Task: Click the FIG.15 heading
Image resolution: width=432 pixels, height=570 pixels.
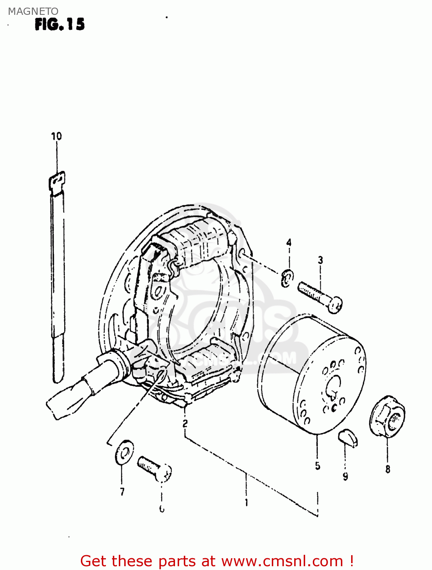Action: pyautogui.click(x=60, y=24)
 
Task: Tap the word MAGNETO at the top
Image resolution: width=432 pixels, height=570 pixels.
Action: pyautogui.click(x=33, y=11)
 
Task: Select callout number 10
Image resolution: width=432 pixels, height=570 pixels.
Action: pyautogui.click(x=57, y=136)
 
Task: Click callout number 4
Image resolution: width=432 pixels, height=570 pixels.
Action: pyautogui.click(x=289, y=242)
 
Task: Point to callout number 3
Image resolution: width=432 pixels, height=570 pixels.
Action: pyautogui.click(x=320, y=260)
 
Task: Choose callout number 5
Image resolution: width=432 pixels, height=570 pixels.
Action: pyautogui.click(x=318, y=465)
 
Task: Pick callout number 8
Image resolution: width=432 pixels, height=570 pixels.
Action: pyautogui.click(x=388, y=469)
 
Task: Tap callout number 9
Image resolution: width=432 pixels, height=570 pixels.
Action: pyautogui.click(x=345, y=476)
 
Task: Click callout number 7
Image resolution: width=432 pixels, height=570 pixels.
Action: pyautogui.click(x=122, y=492)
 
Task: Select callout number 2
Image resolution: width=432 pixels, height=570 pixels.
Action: pyautogui.click(x=185, y=423)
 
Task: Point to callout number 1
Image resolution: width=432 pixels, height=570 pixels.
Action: pyautogui.click(x=246, y=502)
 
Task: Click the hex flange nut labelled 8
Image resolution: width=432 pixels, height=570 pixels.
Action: pyautogui.click(x=387, y=416)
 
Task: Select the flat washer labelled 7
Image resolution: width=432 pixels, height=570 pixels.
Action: pyautogui.click(x=124, y=452)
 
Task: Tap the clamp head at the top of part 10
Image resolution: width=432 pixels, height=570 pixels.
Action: pyautogui.click(x=57, y=180)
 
